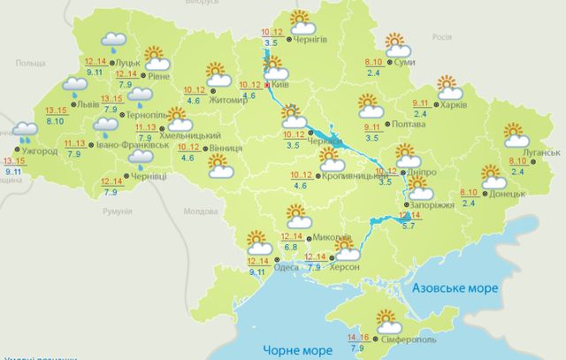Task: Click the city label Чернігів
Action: coord(310,40)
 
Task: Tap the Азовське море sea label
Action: coord(455,288)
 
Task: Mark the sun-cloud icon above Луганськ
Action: coord(516,134)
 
